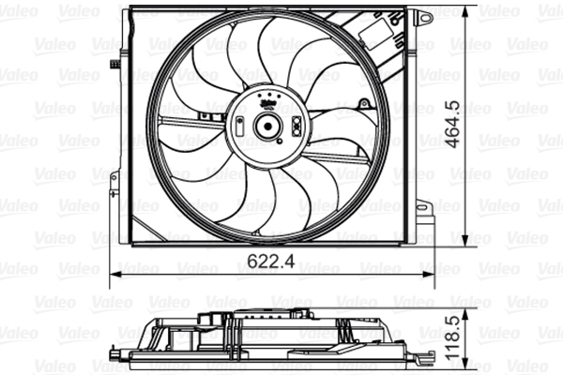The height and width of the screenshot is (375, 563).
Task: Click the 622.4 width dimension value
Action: pos(272,263)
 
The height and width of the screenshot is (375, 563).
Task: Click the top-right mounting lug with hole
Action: pos(424,17)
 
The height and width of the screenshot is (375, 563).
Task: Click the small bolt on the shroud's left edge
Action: pos(114,64)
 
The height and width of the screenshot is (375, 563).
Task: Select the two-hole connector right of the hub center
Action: pos(295,126)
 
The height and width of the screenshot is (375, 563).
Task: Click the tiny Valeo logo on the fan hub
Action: pos(266,97)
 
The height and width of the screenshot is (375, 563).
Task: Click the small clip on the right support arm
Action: pos(358,142)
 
